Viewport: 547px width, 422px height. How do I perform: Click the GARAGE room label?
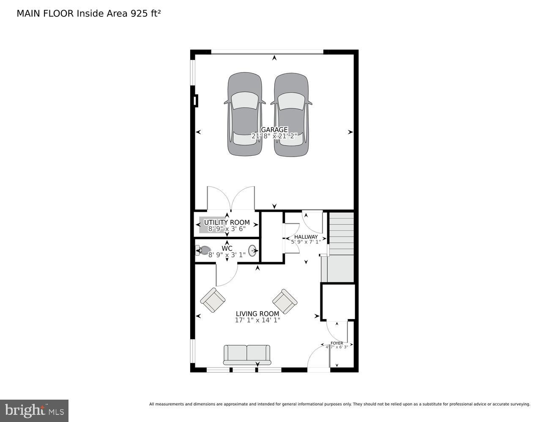[x=274, y=130]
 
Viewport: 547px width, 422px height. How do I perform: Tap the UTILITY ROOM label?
[x=227, y=222]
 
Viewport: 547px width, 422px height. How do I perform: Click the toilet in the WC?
[x=204, y=251]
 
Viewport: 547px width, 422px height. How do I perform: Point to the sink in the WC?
[x=252, y=251]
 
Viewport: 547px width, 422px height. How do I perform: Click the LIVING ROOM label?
[x=257, y=314]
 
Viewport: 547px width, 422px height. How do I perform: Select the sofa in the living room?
[x=247, y=354]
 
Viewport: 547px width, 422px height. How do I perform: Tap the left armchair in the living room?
[x=212, y=300]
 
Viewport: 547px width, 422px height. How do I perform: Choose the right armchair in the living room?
[x=284, y=301]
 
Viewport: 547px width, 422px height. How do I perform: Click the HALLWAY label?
[x=306, y=237]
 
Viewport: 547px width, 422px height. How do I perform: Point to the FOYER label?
[x=337, y=343]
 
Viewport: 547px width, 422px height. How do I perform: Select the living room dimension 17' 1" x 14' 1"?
[x=257, y=320]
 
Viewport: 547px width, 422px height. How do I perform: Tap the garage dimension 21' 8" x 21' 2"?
[x=274, y=136]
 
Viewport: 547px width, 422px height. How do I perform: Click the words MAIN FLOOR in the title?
[x=45, y=14]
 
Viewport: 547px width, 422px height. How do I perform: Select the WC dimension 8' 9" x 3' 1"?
[x=227, y=255]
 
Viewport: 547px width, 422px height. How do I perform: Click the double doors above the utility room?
[x=231, y=198]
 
